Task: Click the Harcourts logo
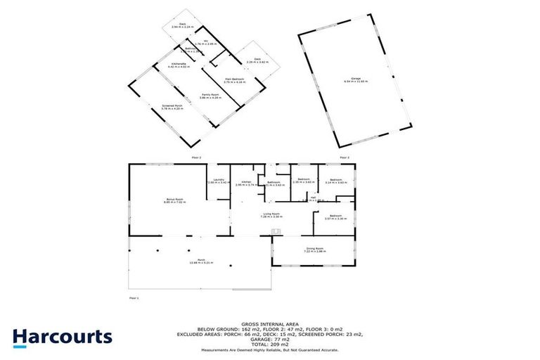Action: [62, 337]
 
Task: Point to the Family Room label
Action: [207, 96]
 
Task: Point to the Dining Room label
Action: [314, 250]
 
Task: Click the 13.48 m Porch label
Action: [200, 262]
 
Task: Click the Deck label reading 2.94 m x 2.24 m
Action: [182, 26]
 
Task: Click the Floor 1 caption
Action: [134, 298]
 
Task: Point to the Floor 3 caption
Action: [344, 157]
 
